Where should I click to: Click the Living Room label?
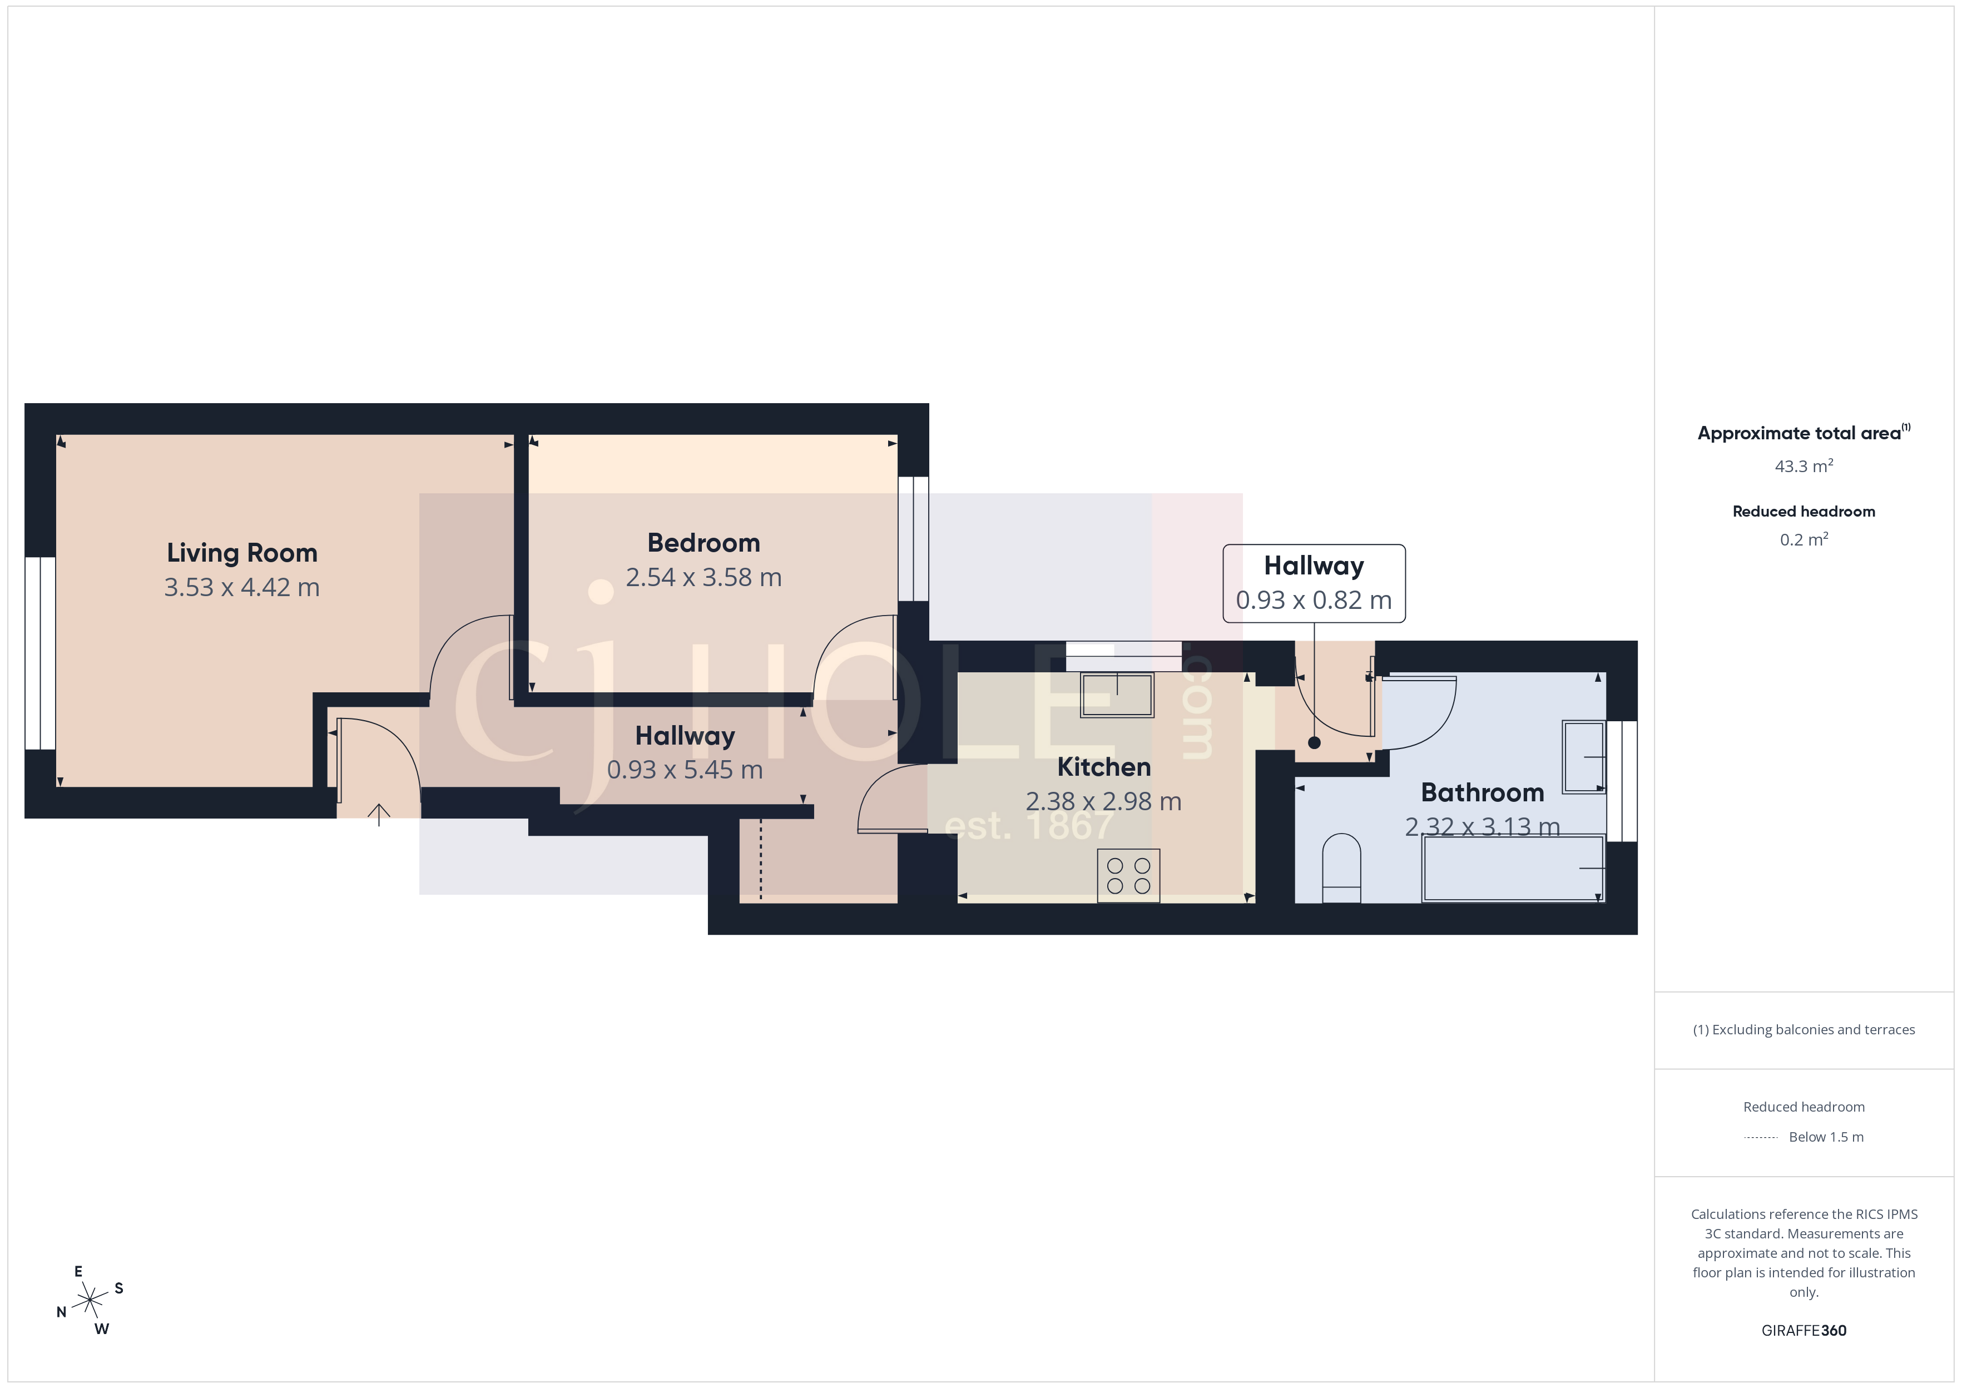pyautogui.click(x=242, y=553)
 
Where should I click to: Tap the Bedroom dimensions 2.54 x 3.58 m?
pyautogui.click(x=703, y=578)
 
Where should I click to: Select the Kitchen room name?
pyautogui.click(x=1103, y=767)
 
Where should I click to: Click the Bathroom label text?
pyautogui.click(x=1482, y=792)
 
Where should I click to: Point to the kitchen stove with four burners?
pyautogui.click(x=1128, y=875)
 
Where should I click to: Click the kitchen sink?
pyautogui.click(x=1117, y=694)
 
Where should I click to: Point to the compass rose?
pyautogui.click(x=89, y=1301)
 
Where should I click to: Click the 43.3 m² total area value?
pyautogui.click(x=1803, y=467)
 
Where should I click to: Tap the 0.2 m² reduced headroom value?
pyautogui.click(x=1803, y=539)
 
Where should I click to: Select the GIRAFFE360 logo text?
pyautogui.click(x=1803, y=1330)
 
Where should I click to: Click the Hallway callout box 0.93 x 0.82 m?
pyautogui.click(x=1314, y=583)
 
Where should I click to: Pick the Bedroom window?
pyautogui.click(x=913, y=538)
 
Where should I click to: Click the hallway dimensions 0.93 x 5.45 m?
pyautogui.click(x=685, y=770)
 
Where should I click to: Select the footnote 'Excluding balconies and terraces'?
pyautogui.click(x=1803, y=1030)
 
